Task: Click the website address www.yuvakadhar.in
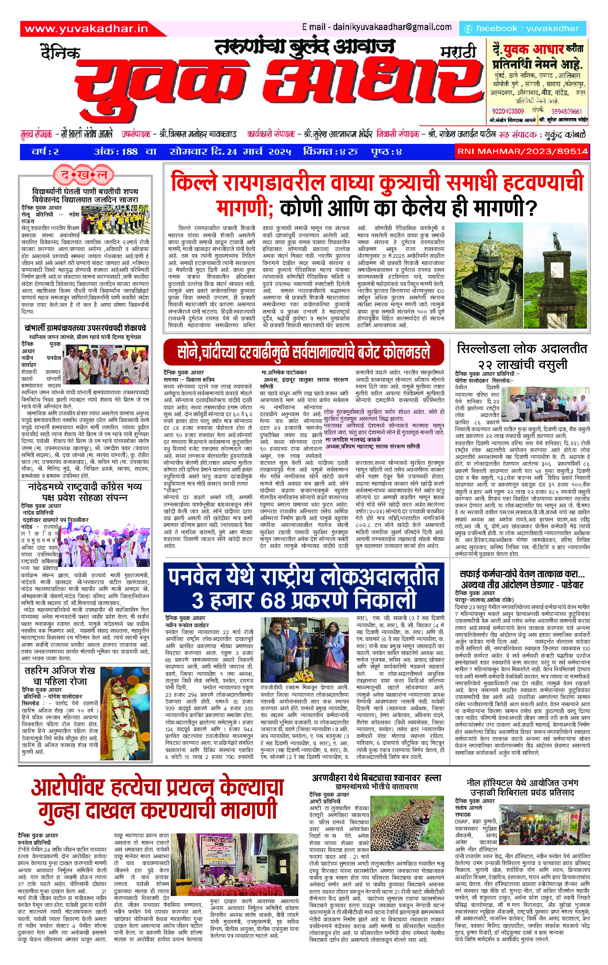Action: [86, 29]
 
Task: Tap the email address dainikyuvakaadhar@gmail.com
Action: [377, 27]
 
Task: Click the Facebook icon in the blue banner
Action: [468, 29]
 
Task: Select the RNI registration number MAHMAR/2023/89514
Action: [522, 151]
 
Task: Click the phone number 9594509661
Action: [566, 111]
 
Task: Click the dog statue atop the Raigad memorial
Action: [556, 241]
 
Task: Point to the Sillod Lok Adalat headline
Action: [522, 356]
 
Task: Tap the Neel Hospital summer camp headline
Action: [522, 788]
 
